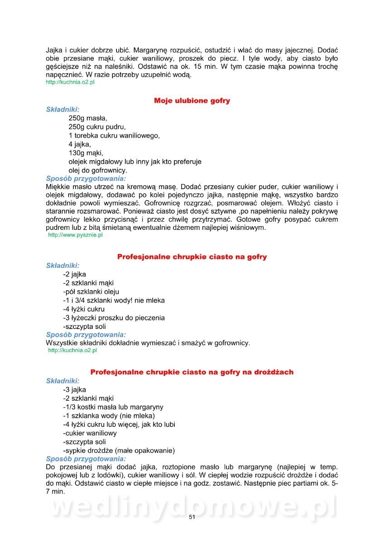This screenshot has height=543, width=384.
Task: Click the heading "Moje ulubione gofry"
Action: coord(192,100)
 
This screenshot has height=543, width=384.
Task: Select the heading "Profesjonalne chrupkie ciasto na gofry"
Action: coord(192,257)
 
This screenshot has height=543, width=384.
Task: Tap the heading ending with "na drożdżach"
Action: coord(192,372)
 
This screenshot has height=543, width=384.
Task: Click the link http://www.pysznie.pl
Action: coord(75,235)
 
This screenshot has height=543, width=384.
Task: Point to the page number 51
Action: coord(192,517)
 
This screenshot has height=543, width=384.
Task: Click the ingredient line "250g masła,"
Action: coord(88,118)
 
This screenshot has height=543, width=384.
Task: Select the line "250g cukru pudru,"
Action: coord(97,127)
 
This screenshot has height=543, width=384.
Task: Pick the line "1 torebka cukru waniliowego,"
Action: coord(114,135)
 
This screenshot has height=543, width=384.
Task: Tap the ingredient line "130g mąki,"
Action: coord(86,152)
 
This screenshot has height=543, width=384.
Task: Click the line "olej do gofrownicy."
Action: coord(98,170)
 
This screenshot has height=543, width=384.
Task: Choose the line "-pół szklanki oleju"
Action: coord(91,291)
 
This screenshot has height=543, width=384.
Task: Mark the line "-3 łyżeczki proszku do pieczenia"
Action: coord(114,318)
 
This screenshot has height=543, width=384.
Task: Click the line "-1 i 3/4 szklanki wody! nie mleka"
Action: coord(114,300)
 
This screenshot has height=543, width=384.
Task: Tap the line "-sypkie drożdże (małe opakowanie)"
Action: coord(119,450)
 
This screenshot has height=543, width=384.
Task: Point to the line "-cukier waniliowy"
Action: coord(90,433)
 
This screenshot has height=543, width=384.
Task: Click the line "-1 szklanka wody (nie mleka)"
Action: coord(109,415)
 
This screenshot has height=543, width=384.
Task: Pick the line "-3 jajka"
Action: coord(74,390)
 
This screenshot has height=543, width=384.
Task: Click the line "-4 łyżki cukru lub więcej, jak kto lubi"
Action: coord(119,424)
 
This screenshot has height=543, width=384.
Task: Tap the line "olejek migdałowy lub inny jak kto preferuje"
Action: coord(135,162)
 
